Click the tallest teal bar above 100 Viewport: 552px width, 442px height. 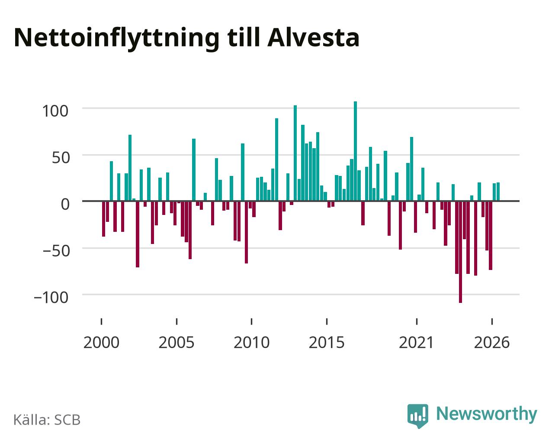[x=355, y=151]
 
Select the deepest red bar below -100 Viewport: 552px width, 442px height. [x=460, y=252]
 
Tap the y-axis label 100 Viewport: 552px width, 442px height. [x=55, y=111]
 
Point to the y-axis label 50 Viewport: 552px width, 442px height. [x=61, y=158]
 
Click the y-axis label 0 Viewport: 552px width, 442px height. [x=65, y=204]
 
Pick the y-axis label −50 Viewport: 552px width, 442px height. [x=56, y=251]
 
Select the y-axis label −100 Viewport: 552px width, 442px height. [x=51, y=298]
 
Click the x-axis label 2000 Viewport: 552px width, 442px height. [x=101, y=342]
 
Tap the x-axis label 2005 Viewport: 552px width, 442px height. [x=177, y=342]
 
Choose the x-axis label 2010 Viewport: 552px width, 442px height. [x=252, y=342]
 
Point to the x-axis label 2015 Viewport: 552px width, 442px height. [x=327, y=342]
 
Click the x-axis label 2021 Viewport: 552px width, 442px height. [x=417, y=342]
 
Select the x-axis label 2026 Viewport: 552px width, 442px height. [x=492, y=342]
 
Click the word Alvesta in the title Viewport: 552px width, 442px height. [x=313, y=38]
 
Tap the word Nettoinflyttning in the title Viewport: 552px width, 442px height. [x=117, y=39]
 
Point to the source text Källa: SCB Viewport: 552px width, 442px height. [x=47, y=419]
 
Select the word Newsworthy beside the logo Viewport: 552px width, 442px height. [x=487, y=414]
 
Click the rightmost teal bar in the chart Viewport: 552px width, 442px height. [x=498, y=192]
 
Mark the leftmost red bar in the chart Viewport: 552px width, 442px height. [x=104, y=219]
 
